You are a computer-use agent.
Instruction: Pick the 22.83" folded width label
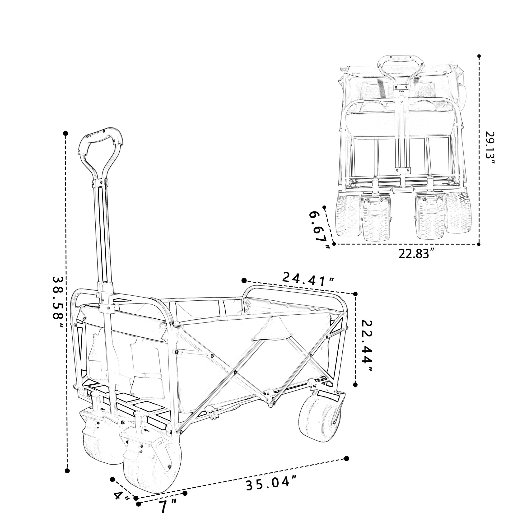[416, 254]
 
